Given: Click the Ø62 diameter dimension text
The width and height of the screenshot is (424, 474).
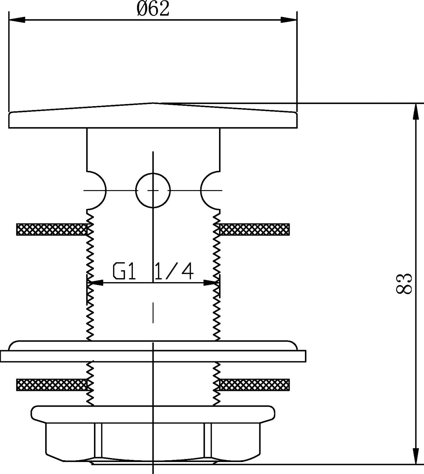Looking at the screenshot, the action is (153, 9).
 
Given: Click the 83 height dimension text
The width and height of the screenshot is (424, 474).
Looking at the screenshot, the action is (404, 284).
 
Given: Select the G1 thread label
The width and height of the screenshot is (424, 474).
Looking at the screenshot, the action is (124, 271).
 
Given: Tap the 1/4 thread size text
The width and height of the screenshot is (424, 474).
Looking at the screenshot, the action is (174, 271).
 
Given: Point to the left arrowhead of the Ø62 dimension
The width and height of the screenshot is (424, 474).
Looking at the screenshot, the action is (17, 20).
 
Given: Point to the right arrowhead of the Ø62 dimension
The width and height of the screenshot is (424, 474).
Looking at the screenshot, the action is (289, 20).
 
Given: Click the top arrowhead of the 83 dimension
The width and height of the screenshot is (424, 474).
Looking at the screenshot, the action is (416, 112).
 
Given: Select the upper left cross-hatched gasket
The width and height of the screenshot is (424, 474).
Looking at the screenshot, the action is (52, 229).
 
